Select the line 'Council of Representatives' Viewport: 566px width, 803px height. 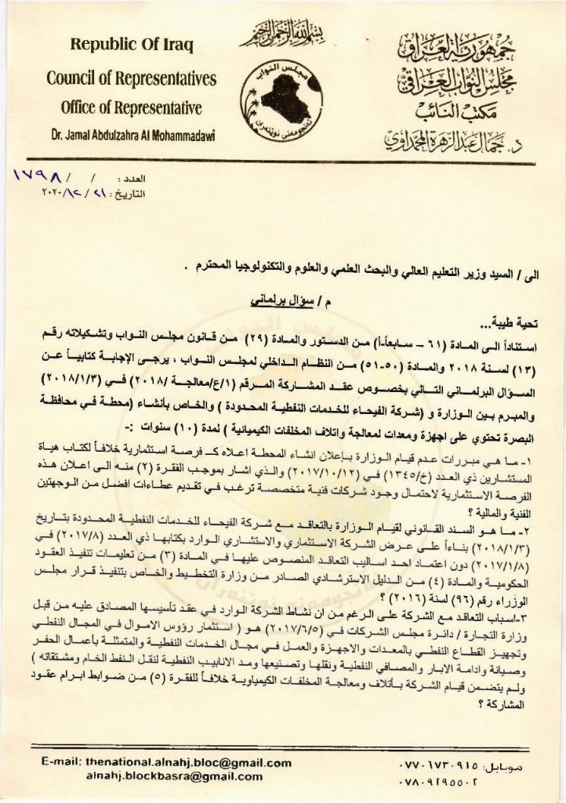[x=130, y=78]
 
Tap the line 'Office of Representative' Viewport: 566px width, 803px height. [x=131, y=107]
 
